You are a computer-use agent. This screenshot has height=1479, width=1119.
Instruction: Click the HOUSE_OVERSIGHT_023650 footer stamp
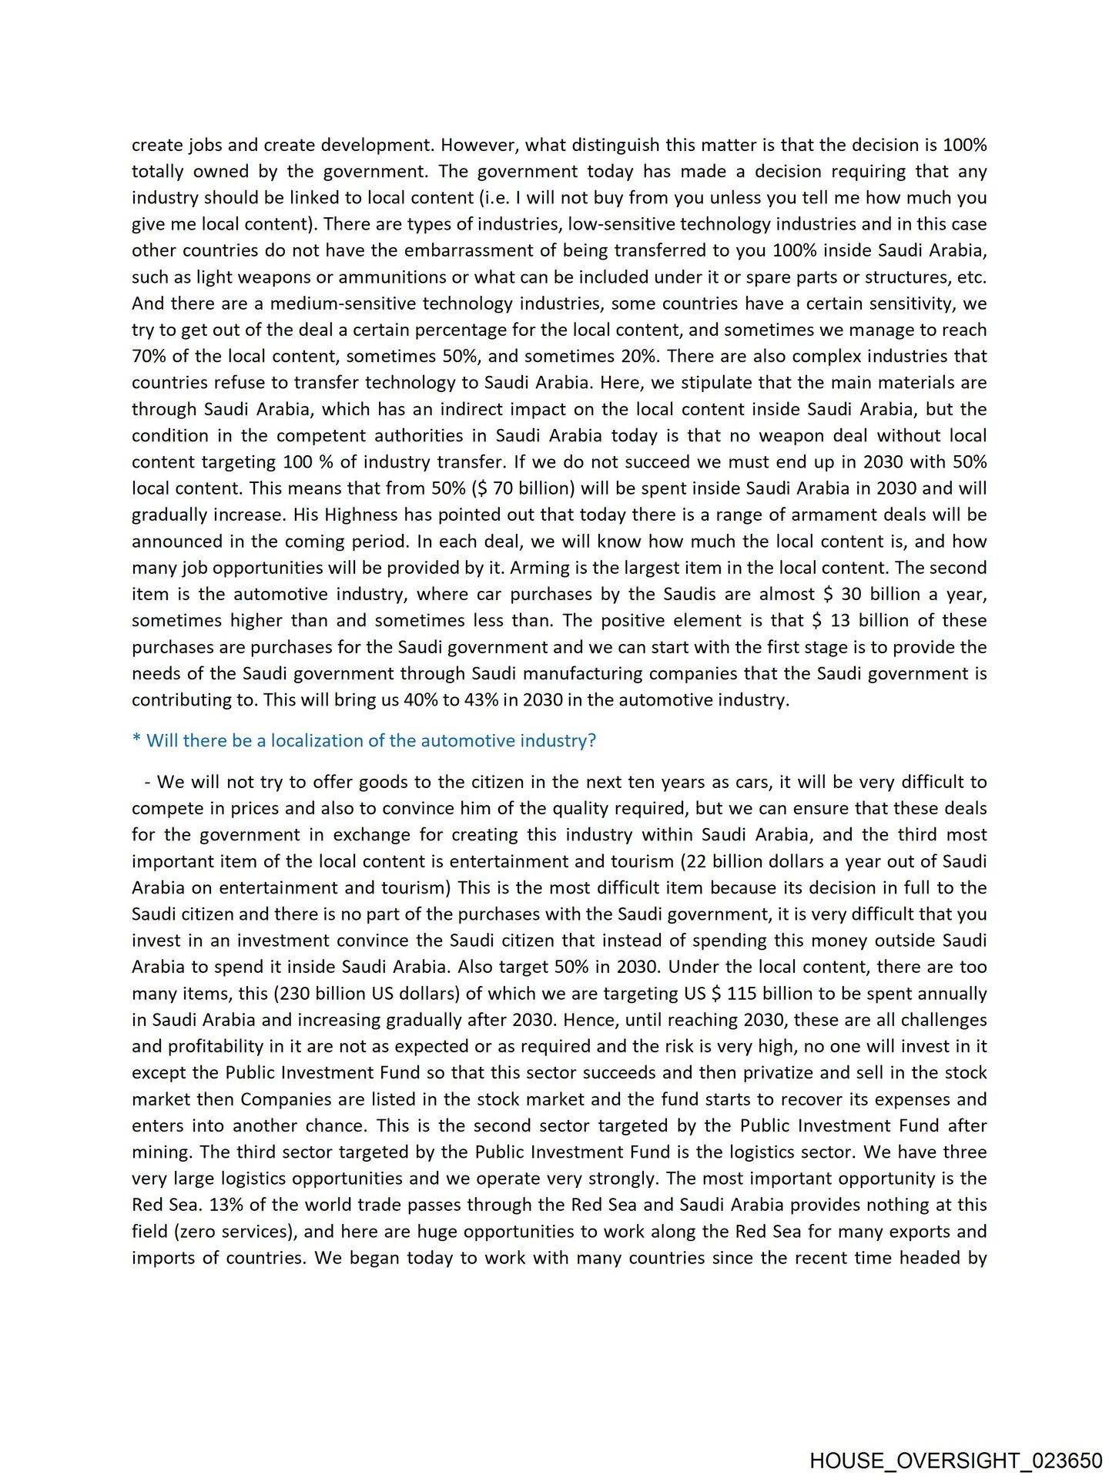pyautogui.click(x=956, y=1461)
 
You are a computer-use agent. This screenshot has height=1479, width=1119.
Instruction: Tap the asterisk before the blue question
pyautogui.click(x=136, y=739)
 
